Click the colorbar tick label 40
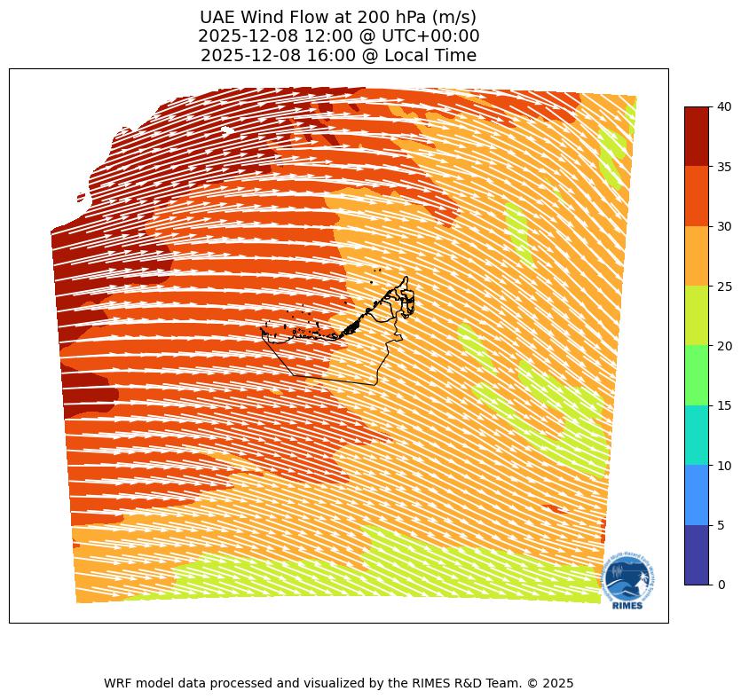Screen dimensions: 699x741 (x=724, y=106)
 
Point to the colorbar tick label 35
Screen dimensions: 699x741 (x=724, y=167)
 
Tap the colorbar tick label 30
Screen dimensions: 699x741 (x=724, y=226)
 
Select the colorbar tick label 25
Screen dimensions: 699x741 (x=724, y=287)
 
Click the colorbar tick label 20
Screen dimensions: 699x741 (x=724, y=346)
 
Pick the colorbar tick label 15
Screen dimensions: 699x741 (x=724, y=405)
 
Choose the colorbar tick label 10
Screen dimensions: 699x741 (x=724, y=466)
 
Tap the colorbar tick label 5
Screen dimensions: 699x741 (x=721, y=525)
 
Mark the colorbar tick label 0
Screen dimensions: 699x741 (x=721, y=585)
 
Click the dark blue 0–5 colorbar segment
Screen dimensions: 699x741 (x=697, y=554)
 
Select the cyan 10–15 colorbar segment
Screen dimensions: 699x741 (x=697, y=435)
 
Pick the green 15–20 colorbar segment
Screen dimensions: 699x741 (x=697, y=375)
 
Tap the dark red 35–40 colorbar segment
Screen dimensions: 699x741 (x=697, y=137)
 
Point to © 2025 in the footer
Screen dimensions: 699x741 (x=552, y=683)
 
